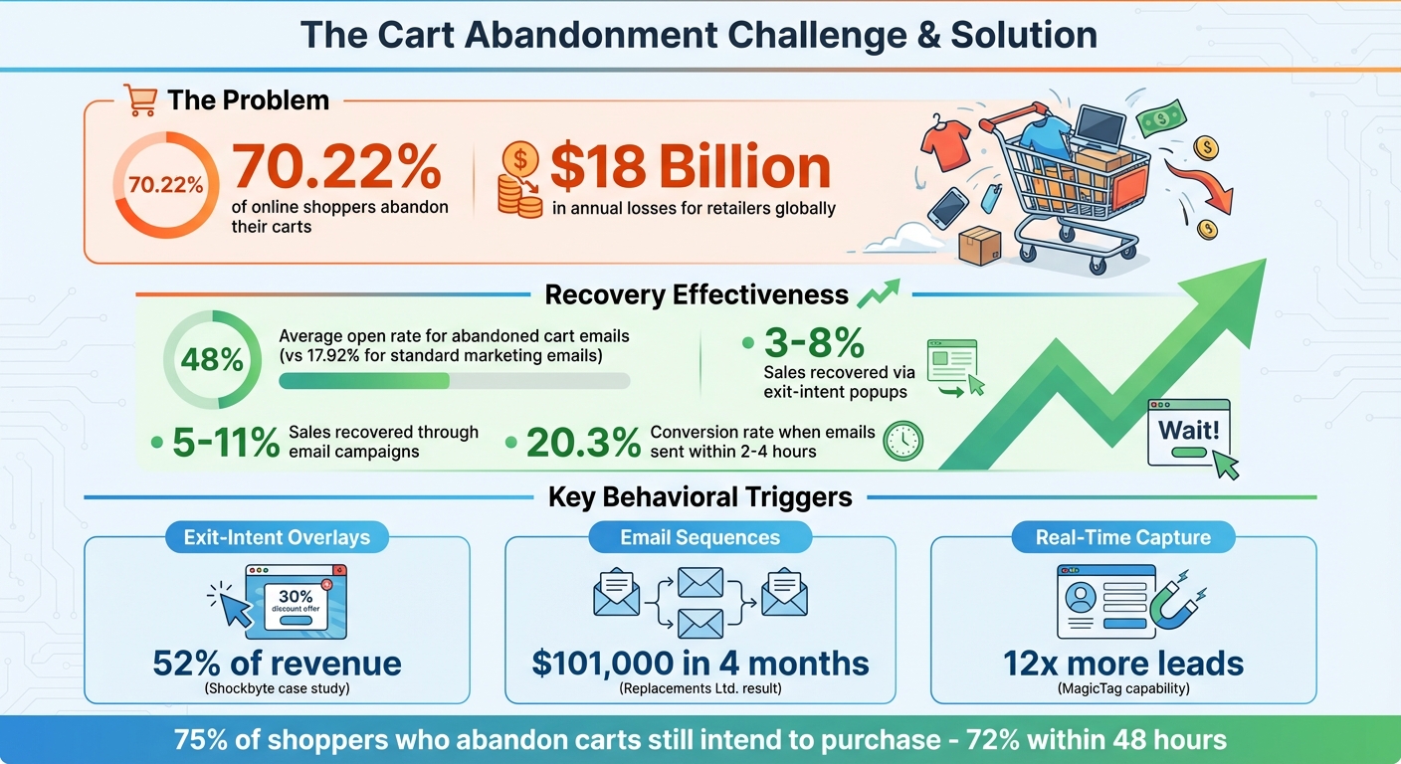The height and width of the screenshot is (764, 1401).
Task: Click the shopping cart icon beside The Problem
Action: point(141,100)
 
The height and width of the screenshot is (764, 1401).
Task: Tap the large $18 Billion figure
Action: point(690,167)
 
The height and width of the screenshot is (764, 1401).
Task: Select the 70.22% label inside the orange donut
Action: point(166,184)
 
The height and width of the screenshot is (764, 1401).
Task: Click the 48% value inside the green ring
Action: point(212,360)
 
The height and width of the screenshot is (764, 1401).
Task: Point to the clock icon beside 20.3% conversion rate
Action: point(903,441)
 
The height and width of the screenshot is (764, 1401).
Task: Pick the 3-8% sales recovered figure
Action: point(814,343)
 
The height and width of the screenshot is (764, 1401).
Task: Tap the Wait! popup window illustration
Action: point(1189,435)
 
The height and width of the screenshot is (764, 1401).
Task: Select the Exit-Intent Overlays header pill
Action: point(277,538)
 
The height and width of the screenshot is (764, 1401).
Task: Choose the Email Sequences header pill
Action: point(700,538)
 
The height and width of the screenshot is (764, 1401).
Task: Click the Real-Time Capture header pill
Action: point(1123,538)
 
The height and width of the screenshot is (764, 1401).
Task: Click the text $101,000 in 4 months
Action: point(700,664)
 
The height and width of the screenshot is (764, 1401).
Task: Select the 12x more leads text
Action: point(1123,664)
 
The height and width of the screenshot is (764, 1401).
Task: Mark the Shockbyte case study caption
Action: point(277,687)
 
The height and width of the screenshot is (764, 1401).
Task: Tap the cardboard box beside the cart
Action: point(980,246)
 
